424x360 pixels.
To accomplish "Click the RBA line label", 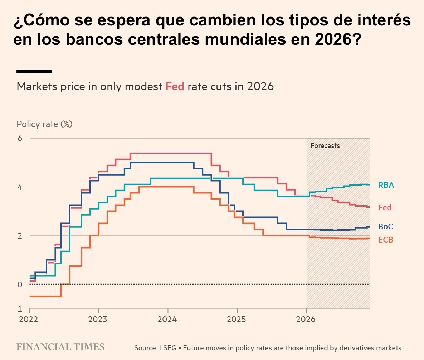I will [x=386, y=185].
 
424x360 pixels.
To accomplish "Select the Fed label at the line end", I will [x=385, y=207].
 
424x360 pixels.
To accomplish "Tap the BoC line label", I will [x=385, y=227].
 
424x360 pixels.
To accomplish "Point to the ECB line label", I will [x=385, y=240].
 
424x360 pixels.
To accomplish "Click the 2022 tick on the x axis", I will [x=29, y=319].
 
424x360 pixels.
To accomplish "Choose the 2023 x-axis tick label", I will [x=98, y=319].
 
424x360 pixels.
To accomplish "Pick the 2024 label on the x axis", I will [x=168, y=319].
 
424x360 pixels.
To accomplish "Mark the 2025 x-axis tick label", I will [x=237, y=319].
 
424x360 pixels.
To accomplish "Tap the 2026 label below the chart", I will [x=306, y=319].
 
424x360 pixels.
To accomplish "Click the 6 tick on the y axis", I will [x=20, y=138].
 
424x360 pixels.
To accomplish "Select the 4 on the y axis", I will [x=20, y=187].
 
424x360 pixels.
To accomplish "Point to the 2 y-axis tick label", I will [x=20, y=236].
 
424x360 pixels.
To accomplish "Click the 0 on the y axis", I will [x=20, y=284].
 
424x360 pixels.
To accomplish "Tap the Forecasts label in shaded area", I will [x=325, y=146].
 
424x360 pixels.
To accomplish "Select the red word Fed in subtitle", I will [x=175, y=87].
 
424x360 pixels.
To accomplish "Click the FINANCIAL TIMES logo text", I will [x=60, y=347].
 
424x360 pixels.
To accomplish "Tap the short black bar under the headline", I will [x=34, y=71].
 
